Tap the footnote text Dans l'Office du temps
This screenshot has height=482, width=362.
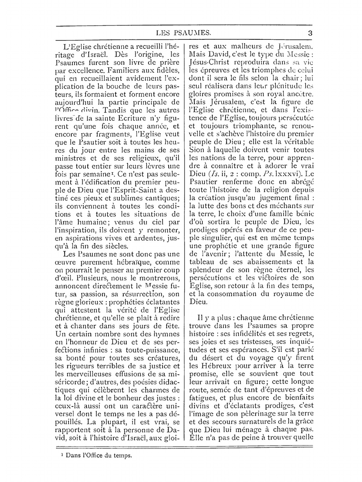click(x=98, y=455)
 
